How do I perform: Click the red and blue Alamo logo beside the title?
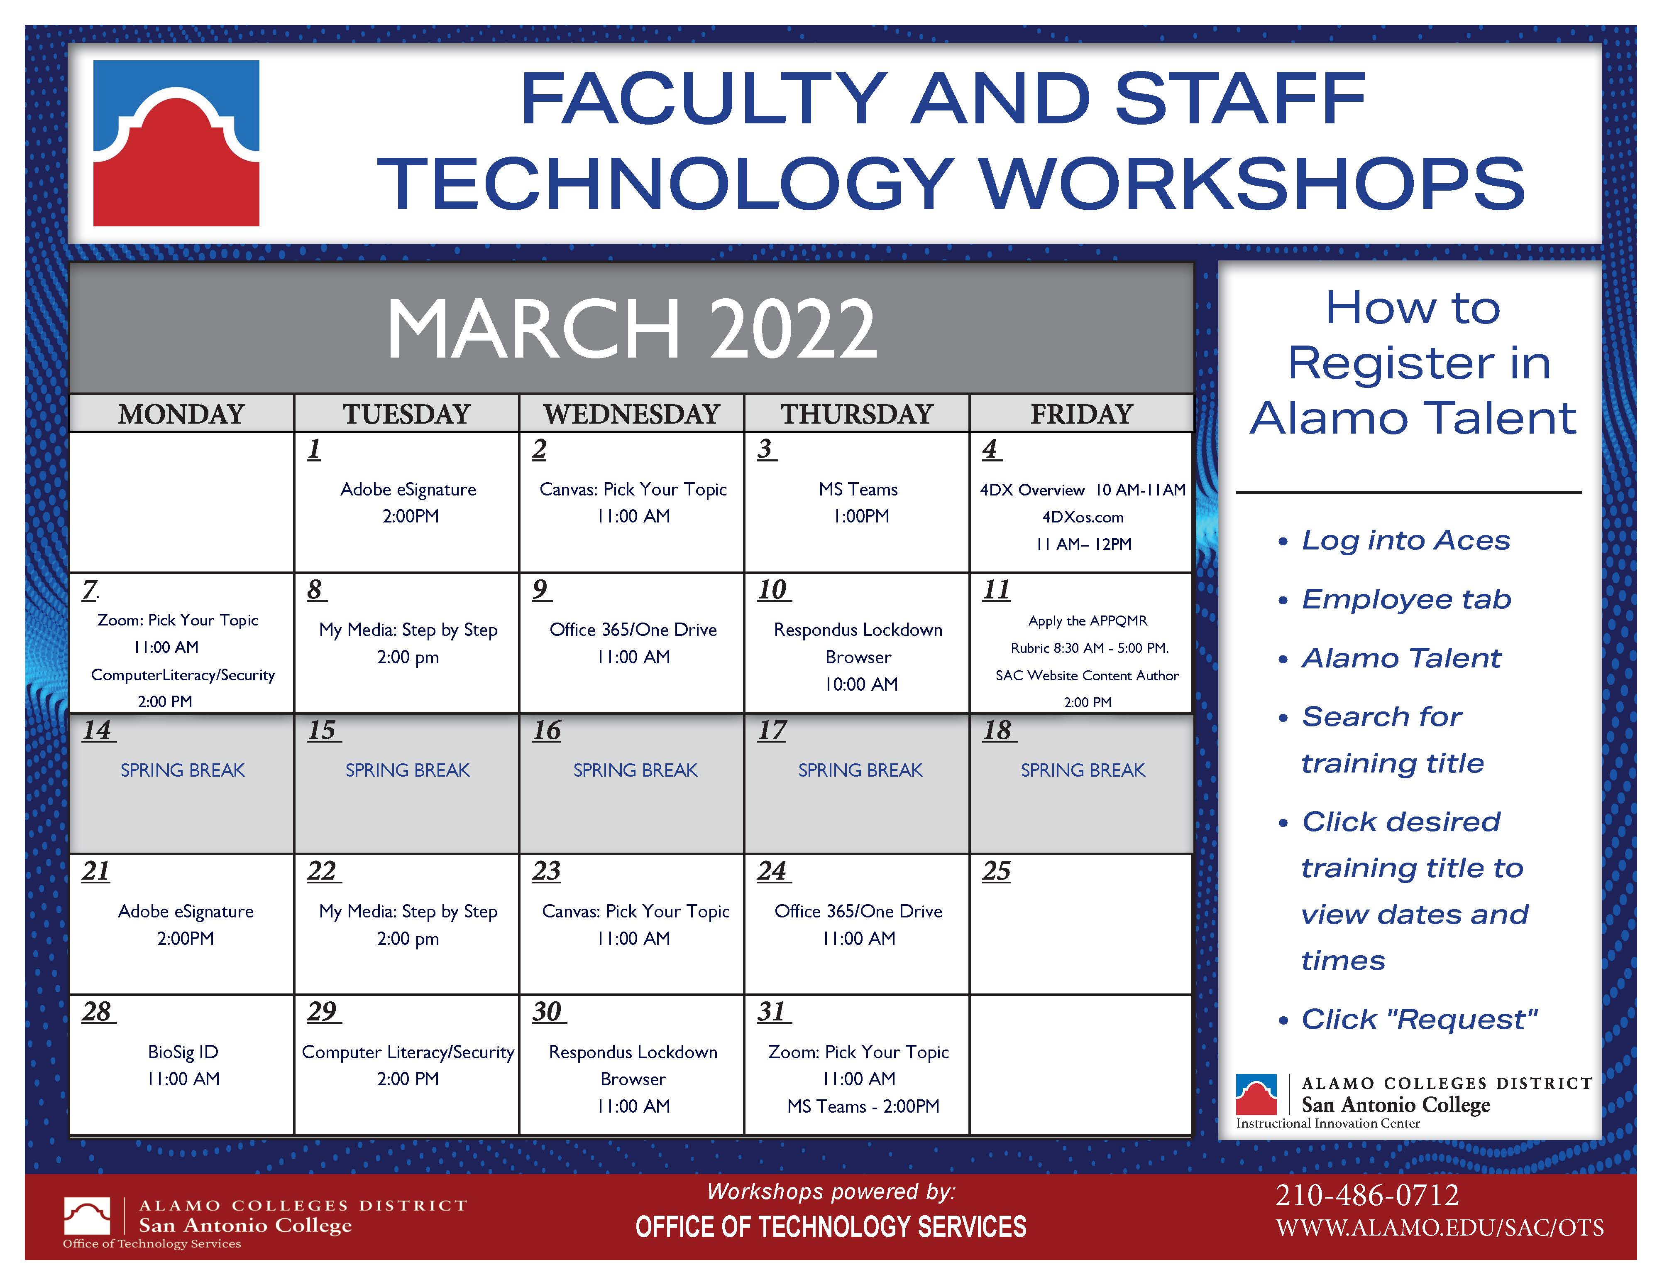pyautogui.click(x=176, y=143)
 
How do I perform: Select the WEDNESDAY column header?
pyautogui.click(x=632, y=414)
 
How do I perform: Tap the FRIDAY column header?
pyautogui.click(x=1081, y=414)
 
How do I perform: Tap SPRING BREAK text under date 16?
pyautogui.click(x=635, y=770)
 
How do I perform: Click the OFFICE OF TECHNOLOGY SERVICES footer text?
pyautogui.click(x=831, y=1227)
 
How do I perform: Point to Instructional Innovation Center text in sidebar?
pyautogui.click(x=1328, y=1123)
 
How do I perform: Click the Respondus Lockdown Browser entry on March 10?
pyautogui.click(x=858, y=657)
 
